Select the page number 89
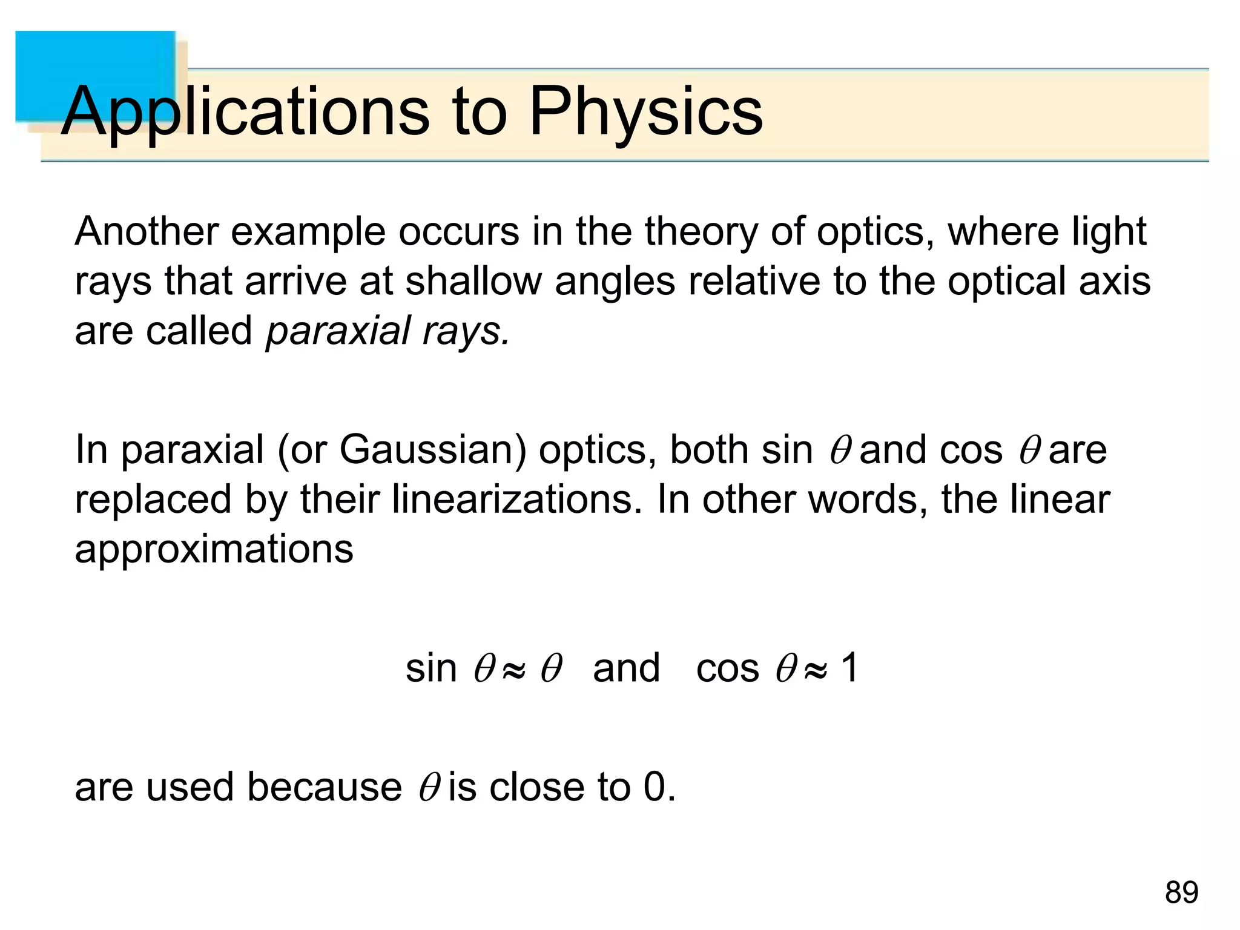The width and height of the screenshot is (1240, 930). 1181,892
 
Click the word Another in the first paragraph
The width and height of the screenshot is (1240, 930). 146,232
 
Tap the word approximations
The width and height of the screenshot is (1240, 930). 214,550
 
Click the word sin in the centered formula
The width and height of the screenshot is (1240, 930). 430,669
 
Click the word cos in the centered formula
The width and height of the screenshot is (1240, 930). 727,669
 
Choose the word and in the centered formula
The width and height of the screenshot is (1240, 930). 626,669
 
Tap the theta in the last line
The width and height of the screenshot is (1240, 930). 428,788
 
